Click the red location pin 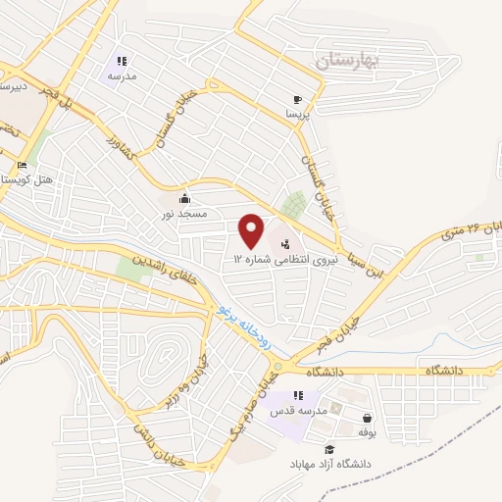[252, 230]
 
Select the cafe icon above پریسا [298, 100]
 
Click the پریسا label [297, 115]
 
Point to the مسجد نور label [183, 213]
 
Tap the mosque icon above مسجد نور [183, 199]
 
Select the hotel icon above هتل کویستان [22, 166]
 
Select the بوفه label [368, 431]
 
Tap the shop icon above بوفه [367, 418]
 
